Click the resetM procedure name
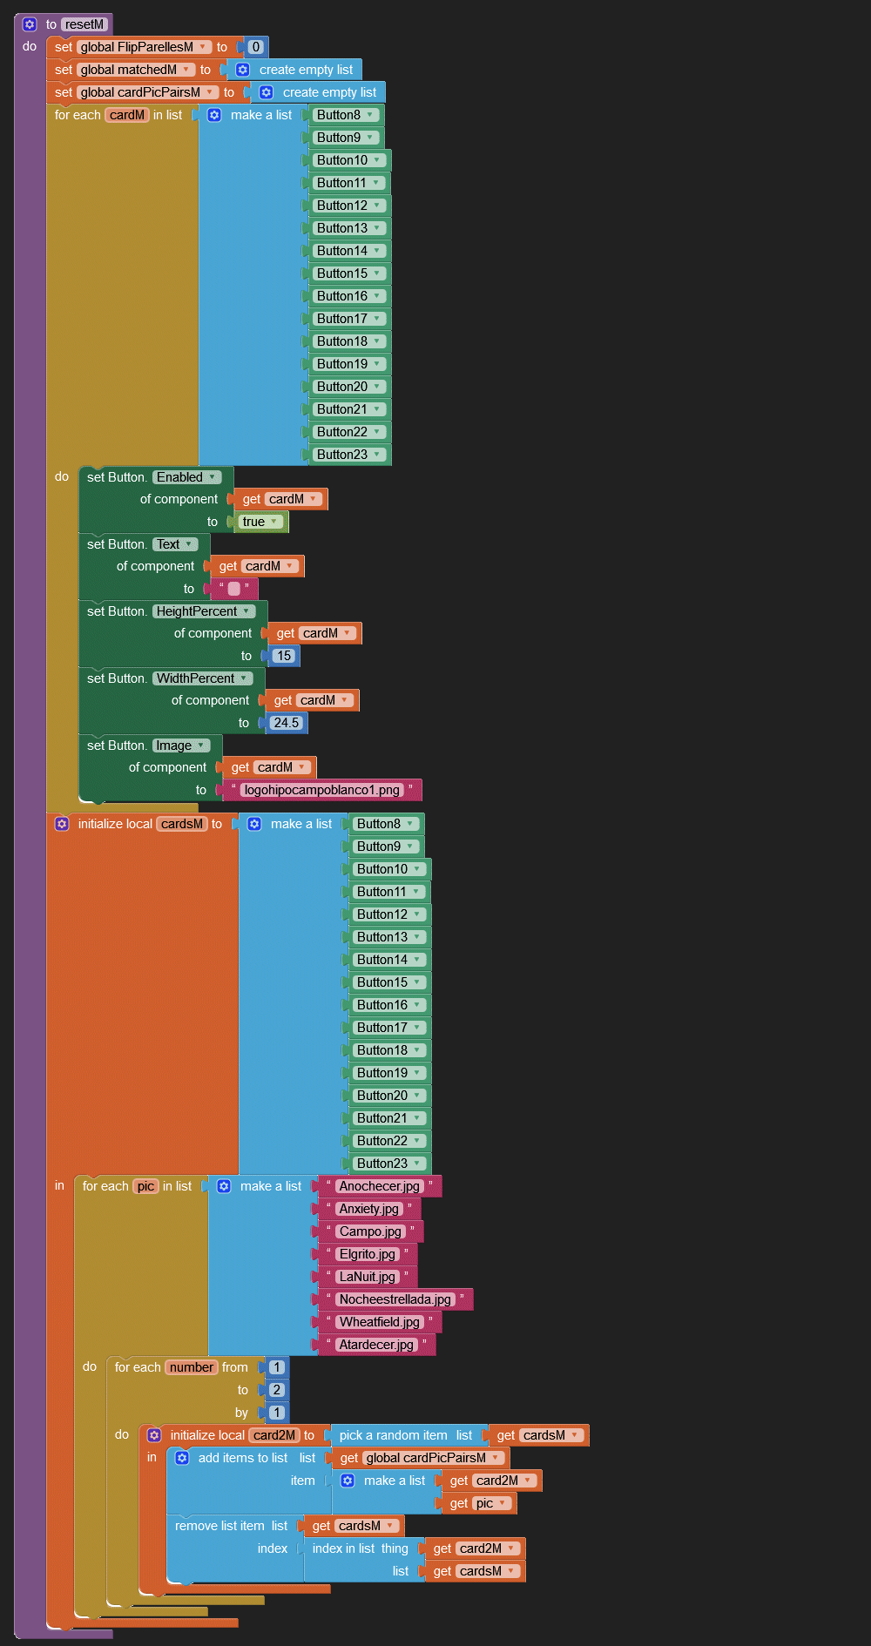click(x=84, y=24)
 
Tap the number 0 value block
click(x=255, y=47)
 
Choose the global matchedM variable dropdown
click(x=135, y=70)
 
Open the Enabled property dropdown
click(x=186, y=477)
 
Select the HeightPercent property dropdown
click(x=204, y=611)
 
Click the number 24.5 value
click(x=286, y=723)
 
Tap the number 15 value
click(x=284, y=656)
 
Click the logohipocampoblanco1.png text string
click(x=321, y=790)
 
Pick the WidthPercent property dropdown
click(x=202, y=678)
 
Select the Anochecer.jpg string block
click(x=379, y=1186)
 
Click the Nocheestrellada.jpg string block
click(x=395, y=1299)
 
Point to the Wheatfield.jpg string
click(x=379, y=1322)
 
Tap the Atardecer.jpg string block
click(x=376, y=1345)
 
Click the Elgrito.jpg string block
click(x=367, y=1254)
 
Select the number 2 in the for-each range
click(x=276, y=1390)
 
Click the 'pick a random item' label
click(x=393, y=1435)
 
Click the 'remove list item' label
click(x=219, y=1526)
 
